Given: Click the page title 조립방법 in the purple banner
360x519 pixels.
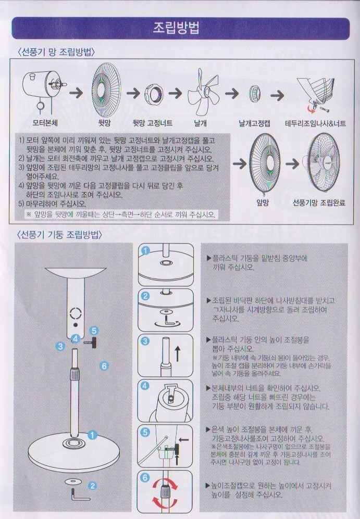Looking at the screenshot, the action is [176, 28].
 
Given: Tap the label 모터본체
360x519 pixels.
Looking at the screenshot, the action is [45, 123].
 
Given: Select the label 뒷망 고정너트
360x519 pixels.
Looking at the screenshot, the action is [152, 123].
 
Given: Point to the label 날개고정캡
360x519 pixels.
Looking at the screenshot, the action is [254, 123].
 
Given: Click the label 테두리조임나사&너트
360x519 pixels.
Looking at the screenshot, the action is [315, 123].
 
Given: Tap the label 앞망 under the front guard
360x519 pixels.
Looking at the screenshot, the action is [263, 202].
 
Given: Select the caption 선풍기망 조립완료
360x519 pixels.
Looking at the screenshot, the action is [319, 202].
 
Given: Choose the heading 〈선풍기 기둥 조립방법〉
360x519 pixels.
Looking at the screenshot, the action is [59, 235].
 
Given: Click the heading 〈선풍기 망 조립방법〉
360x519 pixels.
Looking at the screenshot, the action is [56, 52].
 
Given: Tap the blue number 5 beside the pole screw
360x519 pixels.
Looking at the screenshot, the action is [94, 331].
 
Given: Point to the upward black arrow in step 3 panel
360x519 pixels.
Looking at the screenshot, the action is [177, 353].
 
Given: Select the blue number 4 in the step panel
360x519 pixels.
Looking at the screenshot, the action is [145, 385].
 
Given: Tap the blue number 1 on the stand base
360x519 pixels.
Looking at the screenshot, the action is [92, 435].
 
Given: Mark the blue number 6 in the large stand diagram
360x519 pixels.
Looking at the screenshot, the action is [104, 366].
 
